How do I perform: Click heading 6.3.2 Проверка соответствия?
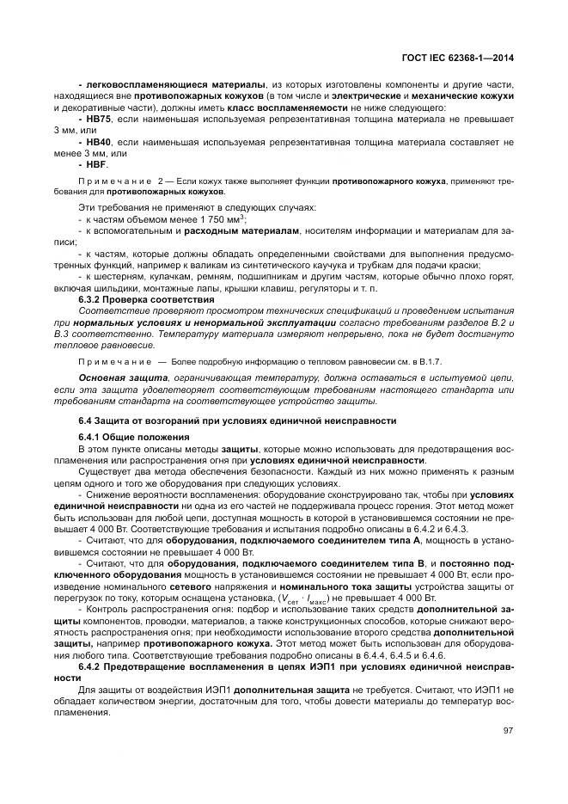pos(146,298)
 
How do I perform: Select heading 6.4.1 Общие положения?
pos(133,437)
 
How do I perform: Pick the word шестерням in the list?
pos(124,277)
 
